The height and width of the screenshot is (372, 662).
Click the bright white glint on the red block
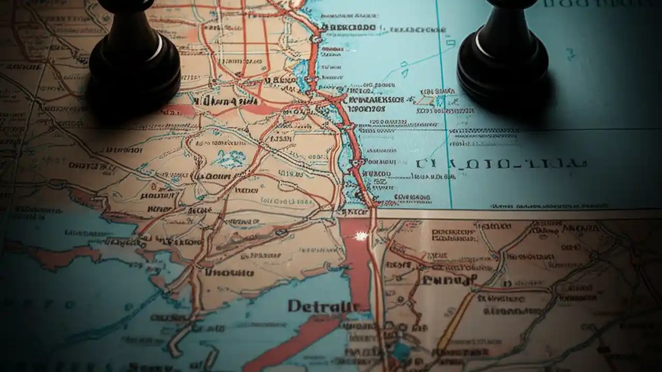pyautogui.click(x=360, y=236)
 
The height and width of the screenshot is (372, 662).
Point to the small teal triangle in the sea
pyautogui.click(x=404, y=72)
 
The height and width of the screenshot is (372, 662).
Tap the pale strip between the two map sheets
pyautogui.click(x=517, y=213)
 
